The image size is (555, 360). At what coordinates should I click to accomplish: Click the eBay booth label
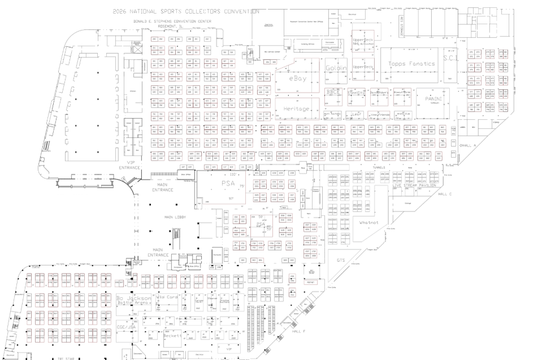point(297,80)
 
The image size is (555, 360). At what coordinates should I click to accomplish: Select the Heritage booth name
point(296,109)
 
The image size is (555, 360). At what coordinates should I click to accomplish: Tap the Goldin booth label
point(336,68)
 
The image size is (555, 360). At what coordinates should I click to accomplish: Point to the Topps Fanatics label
point(411,64)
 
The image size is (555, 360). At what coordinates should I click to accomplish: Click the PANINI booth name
point(433,99)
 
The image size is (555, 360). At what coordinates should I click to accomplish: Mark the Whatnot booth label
point(368,223)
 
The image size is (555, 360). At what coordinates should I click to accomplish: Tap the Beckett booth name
point(172,335)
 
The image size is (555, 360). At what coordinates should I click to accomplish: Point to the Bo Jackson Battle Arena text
point(133,300)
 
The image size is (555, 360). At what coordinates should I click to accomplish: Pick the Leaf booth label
point(356,114)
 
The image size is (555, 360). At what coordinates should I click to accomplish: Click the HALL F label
point(298,331)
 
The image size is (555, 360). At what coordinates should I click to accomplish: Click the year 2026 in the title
point(122,11)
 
